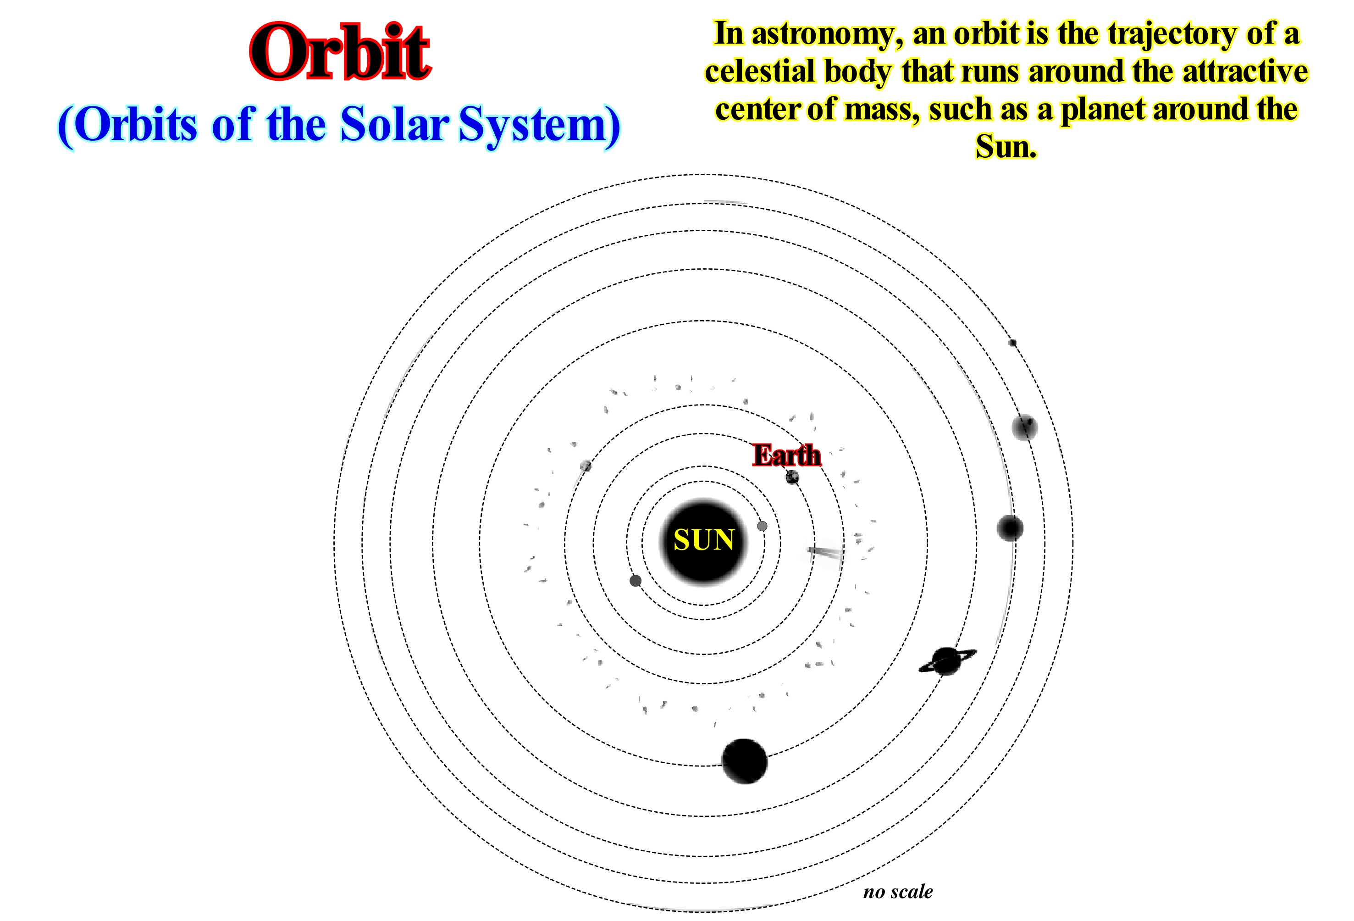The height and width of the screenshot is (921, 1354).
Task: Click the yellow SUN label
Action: [x=703, y=540]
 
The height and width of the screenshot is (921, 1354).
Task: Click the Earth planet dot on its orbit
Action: [x=792, y=477]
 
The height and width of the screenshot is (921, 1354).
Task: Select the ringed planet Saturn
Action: [x=947, y=661]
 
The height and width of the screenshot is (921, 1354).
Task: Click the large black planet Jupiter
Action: [x=745, y=761]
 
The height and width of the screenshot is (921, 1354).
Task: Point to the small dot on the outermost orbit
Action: [x=1012, y=343]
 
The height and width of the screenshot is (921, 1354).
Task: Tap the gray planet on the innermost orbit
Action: [x=762, y=526]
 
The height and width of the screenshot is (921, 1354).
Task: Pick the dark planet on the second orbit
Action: [x=636, y=581]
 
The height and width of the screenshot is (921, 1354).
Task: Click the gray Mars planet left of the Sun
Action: [x=586, y=466]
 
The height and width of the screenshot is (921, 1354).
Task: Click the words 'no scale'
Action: [x=898, y=891]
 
